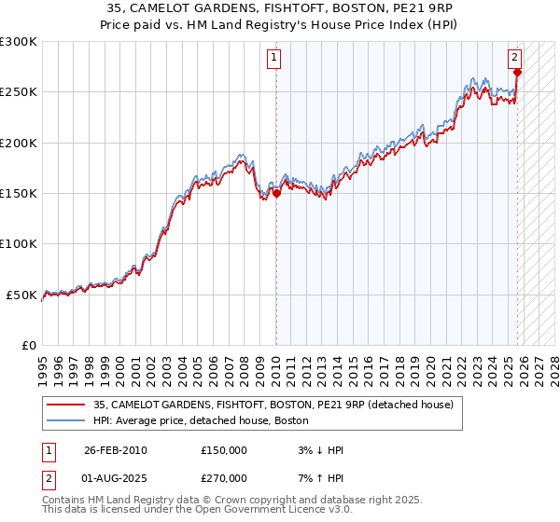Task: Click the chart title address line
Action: (280, 8)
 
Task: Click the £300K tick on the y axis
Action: (19, 42)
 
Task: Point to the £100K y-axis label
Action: (19, 243)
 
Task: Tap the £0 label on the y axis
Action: (30, 345)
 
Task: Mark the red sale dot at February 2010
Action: (276, 194)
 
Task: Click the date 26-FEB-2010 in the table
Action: (116, 450)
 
